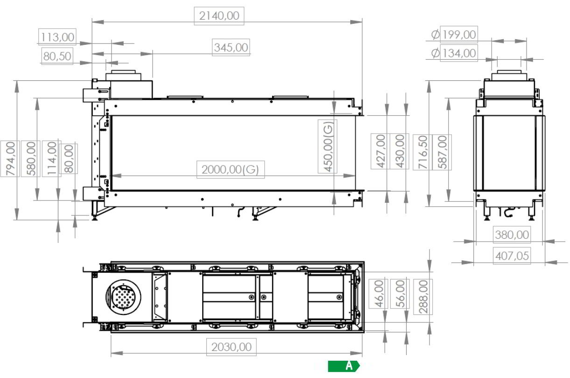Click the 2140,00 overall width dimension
point(219,16)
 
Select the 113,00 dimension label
point(57,37)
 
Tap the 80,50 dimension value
point(57,56)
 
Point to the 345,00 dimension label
point(231,47)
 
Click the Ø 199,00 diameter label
point(454,35)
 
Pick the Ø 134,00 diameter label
point(454,53)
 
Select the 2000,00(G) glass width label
point(230,170)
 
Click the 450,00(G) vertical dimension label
point(328,146)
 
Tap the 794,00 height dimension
point(10,159)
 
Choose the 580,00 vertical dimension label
point(31,159)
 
